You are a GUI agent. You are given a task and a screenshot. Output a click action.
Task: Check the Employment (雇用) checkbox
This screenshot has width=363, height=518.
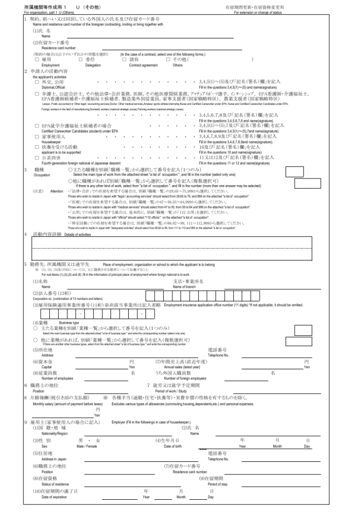coord(37,59)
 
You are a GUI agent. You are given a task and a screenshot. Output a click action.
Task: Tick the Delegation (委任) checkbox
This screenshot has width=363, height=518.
coord(81,59)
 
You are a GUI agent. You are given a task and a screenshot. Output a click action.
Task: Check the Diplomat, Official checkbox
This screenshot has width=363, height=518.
coord(37,80)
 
